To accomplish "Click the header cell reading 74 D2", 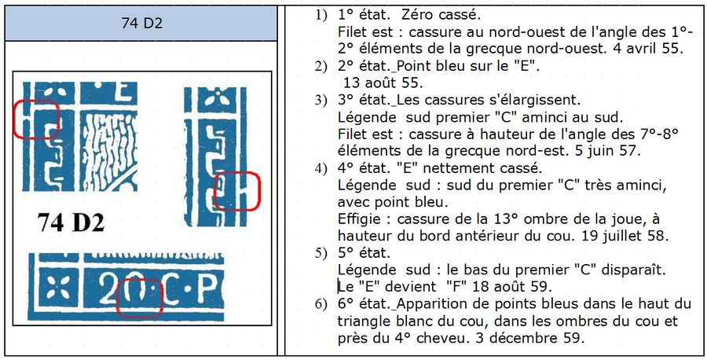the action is [x=141, y=23].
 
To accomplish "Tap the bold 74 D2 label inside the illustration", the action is [x=71, y=222].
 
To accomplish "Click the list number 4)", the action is [x=321, y=168].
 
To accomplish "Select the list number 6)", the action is [x=321, y=304].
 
